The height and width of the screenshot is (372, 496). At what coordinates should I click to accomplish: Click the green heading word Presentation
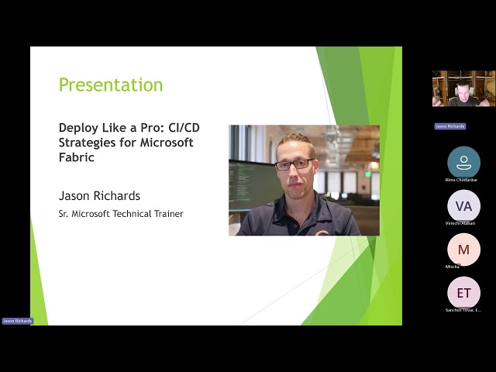coord(111,84)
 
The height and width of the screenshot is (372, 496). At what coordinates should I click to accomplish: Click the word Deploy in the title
coord(77,128)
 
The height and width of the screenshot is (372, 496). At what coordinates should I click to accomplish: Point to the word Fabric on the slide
coord(77,157)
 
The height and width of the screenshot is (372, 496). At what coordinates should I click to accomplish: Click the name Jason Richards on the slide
coord(99,195)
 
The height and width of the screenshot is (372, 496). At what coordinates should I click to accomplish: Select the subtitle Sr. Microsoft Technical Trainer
coord(121,213)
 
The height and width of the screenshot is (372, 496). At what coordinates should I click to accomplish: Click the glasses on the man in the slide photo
coord(295,164)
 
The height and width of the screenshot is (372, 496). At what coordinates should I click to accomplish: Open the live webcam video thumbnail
coord(463,88)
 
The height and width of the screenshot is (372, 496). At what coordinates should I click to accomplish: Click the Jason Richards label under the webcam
coord(449,126)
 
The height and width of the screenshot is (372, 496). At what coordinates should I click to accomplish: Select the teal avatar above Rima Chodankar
coord(463,162)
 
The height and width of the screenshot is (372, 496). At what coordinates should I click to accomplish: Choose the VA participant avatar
coord(463,206)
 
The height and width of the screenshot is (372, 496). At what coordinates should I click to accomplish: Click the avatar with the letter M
coord(463,250)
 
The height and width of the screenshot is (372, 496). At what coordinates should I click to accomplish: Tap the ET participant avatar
coord(463,293)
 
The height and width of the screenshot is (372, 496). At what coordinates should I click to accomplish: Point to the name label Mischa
coord(453,267)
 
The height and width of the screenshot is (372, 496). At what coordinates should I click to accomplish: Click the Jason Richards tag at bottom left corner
coord(17,320)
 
